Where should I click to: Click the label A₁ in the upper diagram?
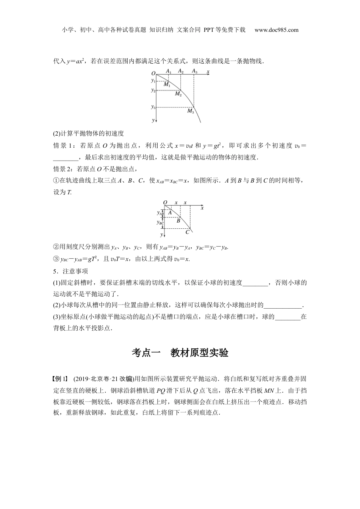click(169, 71)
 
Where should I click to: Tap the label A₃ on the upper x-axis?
click(194, 71)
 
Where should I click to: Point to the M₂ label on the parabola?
click(178, 94)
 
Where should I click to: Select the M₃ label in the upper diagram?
click(191, 111)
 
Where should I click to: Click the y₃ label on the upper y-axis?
click(153, 107)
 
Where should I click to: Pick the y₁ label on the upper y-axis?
click(153, 80)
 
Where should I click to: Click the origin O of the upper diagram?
click(153, 73)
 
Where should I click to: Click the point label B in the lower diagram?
click(178, 220)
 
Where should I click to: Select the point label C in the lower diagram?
click(187, 232)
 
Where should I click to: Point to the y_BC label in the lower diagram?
click(160, 223)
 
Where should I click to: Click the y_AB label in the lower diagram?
click(160, 213)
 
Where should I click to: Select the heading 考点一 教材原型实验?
click(180, 353)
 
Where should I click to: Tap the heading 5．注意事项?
click(70, 271)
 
